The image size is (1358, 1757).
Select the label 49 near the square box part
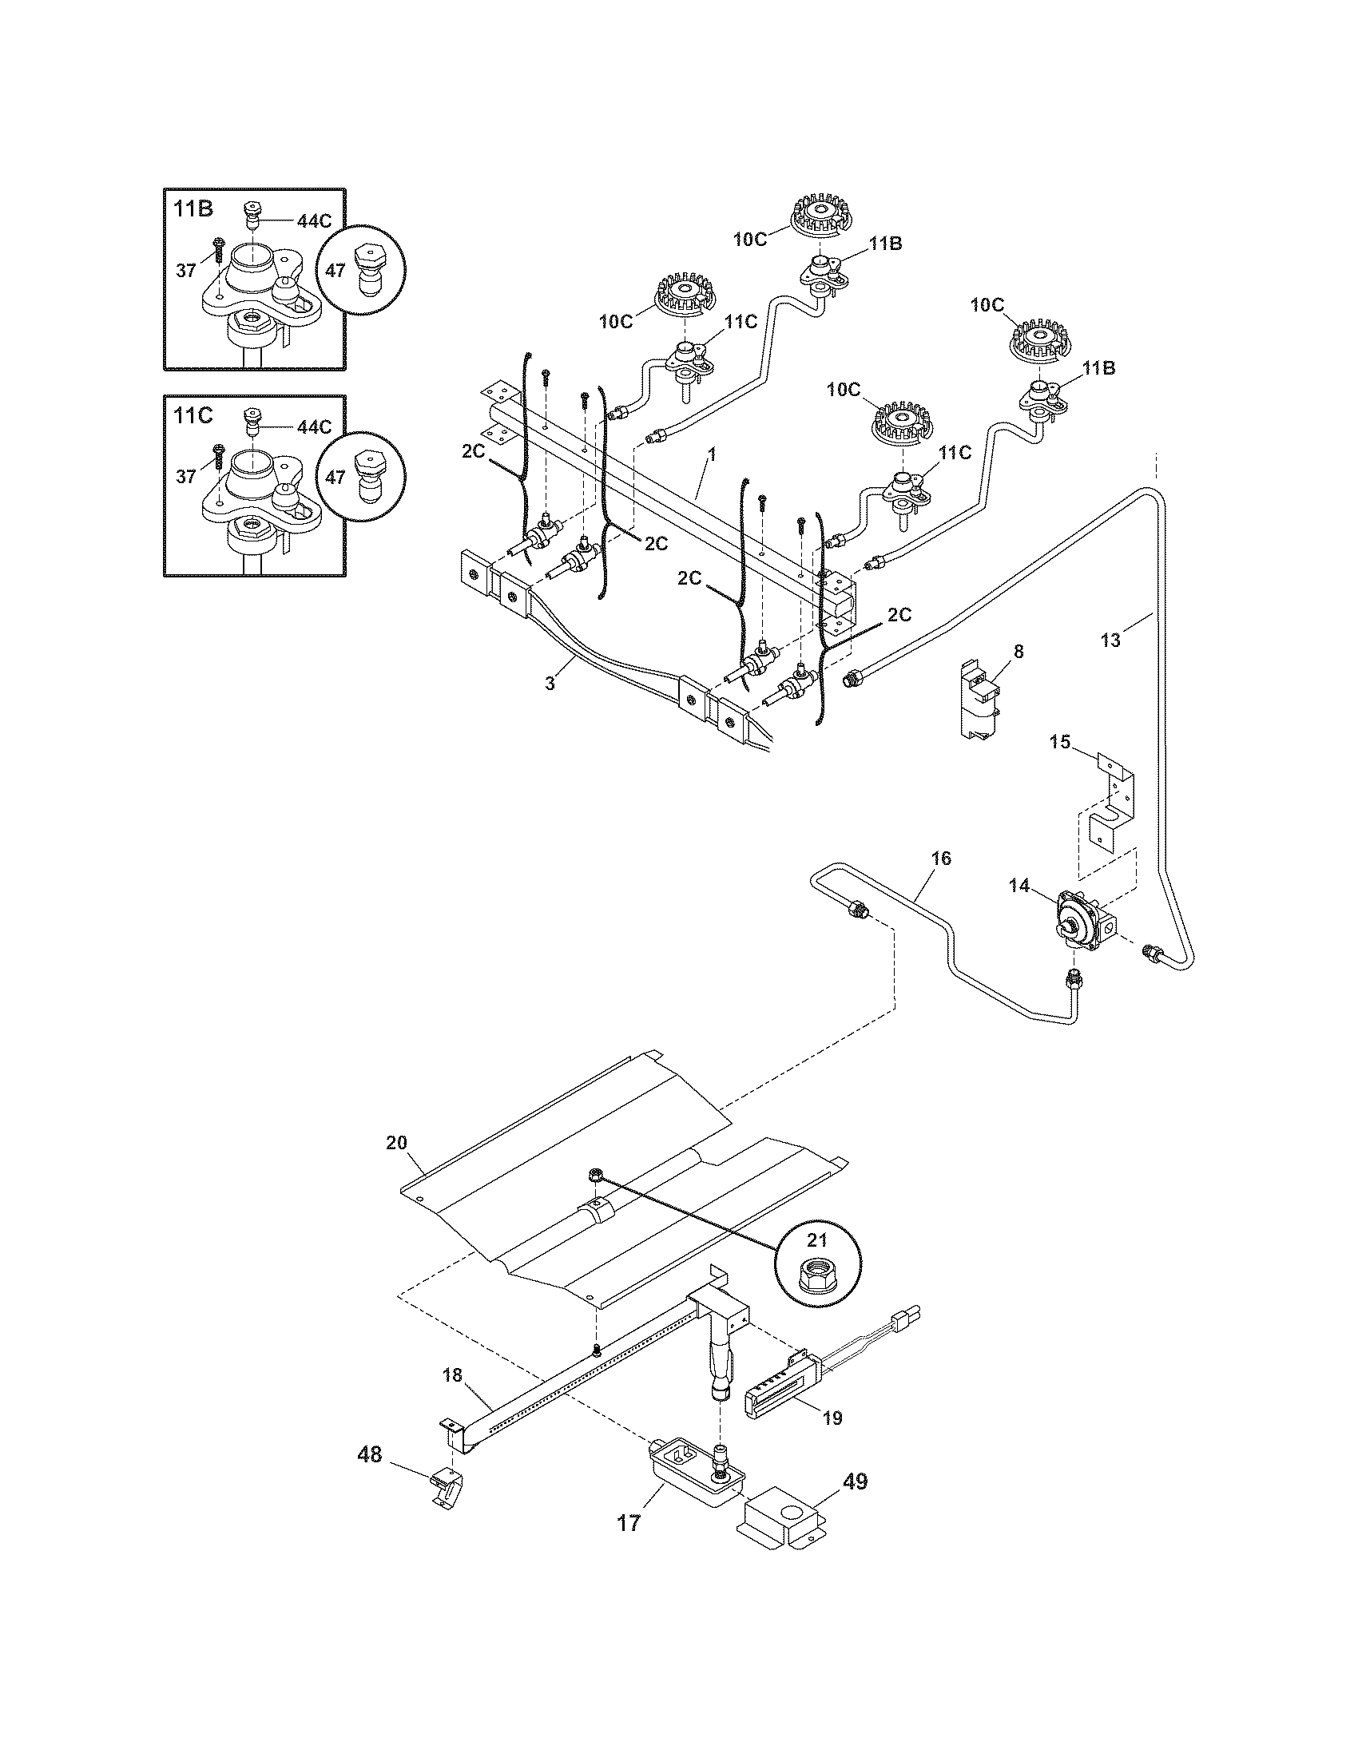point(856,1481)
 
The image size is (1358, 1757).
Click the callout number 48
point(370,1454)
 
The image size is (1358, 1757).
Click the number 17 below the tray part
point(629,1523)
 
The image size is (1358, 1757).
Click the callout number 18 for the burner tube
point(453,1375)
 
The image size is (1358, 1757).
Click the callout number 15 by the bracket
point(1060,742)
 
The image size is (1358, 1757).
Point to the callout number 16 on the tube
point(941,859)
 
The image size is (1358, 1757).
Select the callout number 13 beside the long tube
point(1110,641)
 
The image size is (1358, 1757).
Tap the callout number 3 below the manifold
point(550,684)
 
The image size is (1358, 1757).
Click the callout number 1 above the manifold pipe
point(711,454)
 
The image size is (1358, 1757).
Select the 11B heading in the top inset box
point(193,210)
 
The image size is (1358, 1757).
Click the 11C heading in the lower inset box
point(193,416)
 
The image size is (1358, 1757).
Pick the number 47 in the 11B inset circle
point(336,271)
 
